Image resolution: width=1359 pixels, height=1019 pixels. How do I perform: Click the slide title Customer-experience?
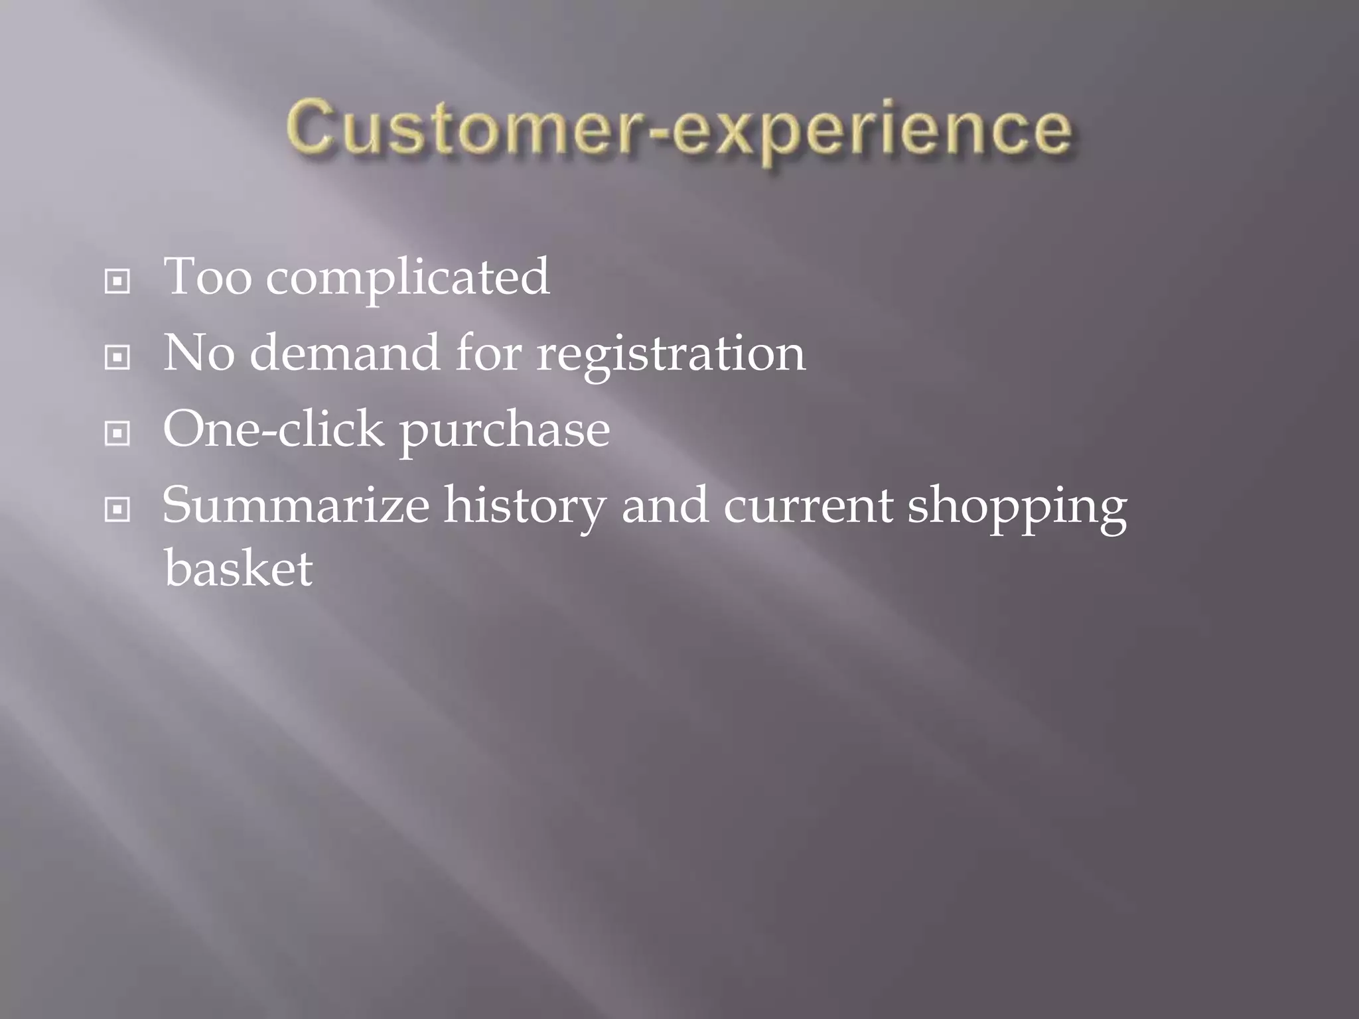(679, 129)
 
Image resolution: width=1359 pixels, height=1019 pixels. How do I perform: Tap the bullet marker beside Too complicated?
(117, 282)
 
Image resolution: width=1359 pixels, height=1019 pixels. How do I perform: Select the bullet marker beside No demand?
(117, 358)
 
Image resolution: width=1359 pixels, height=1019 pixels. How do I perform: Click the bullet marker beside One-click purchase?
(117, 434)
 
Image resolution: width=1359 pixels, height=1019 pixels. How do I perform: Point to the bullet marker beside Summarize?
(117, 509)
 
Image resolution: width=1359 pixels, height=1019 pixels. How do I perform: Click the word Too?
(207, 277)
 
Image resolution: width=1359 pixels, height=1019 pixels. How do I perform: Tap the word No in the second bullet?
(198, 353)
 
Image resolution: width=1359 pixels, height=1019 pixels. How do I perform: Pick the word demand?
(344, 352)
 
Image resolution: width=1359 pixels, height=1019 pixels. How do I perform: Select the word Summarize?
(296, 506)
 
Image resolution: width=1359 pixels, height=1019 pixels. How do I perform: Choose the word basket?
(238, 568)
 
